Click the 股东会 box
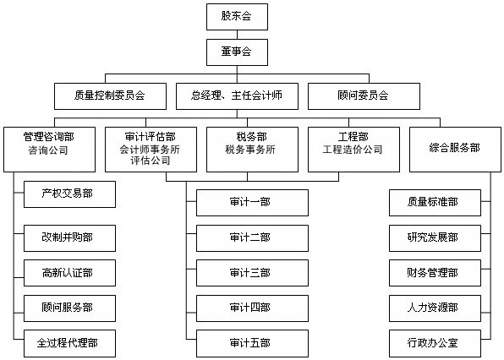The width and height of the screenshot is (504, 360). [237, 17]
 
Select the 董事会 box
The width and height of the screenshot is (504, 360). [237, 52]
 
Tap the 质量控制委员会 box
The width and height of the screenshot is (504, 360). [110, 96]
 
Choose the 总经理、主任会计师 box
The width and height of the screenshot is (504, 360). [237, 96]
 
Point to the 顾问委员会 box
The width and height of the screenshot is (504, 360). [364, 96]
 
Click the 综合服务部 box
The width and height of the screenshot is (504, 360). [455, 150]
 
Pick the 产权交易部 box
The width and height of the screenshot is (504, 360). [69, 194]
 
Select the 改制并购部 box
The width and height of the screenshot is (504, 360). [69, 238]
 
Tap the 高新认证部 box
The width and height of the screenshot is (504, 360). [69, 273]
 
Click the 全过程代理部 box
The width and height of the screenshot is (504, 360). [69, 343]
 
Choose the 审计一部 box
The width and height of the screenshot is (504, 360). [252, 203]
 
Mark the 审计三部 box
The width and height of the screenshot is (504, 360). [252, 273]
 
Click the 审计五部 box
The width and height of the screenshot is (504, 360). [252, 343]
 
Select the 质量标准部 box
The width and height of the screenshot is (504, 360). [435, 203]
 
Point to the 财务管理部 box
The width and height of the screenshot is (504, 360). [435, 273]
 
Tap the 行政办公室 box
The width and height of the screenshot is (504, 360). [435, 343]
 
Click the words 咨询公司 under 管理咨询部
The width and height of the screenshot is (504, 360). [48, 150]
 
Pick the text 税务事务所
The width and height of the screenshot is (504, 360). [250, 150]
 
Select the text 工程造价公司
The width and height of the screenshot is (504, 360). [353, 150]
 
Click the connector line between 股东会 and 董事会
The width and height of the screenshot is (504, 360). [237, 35]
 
